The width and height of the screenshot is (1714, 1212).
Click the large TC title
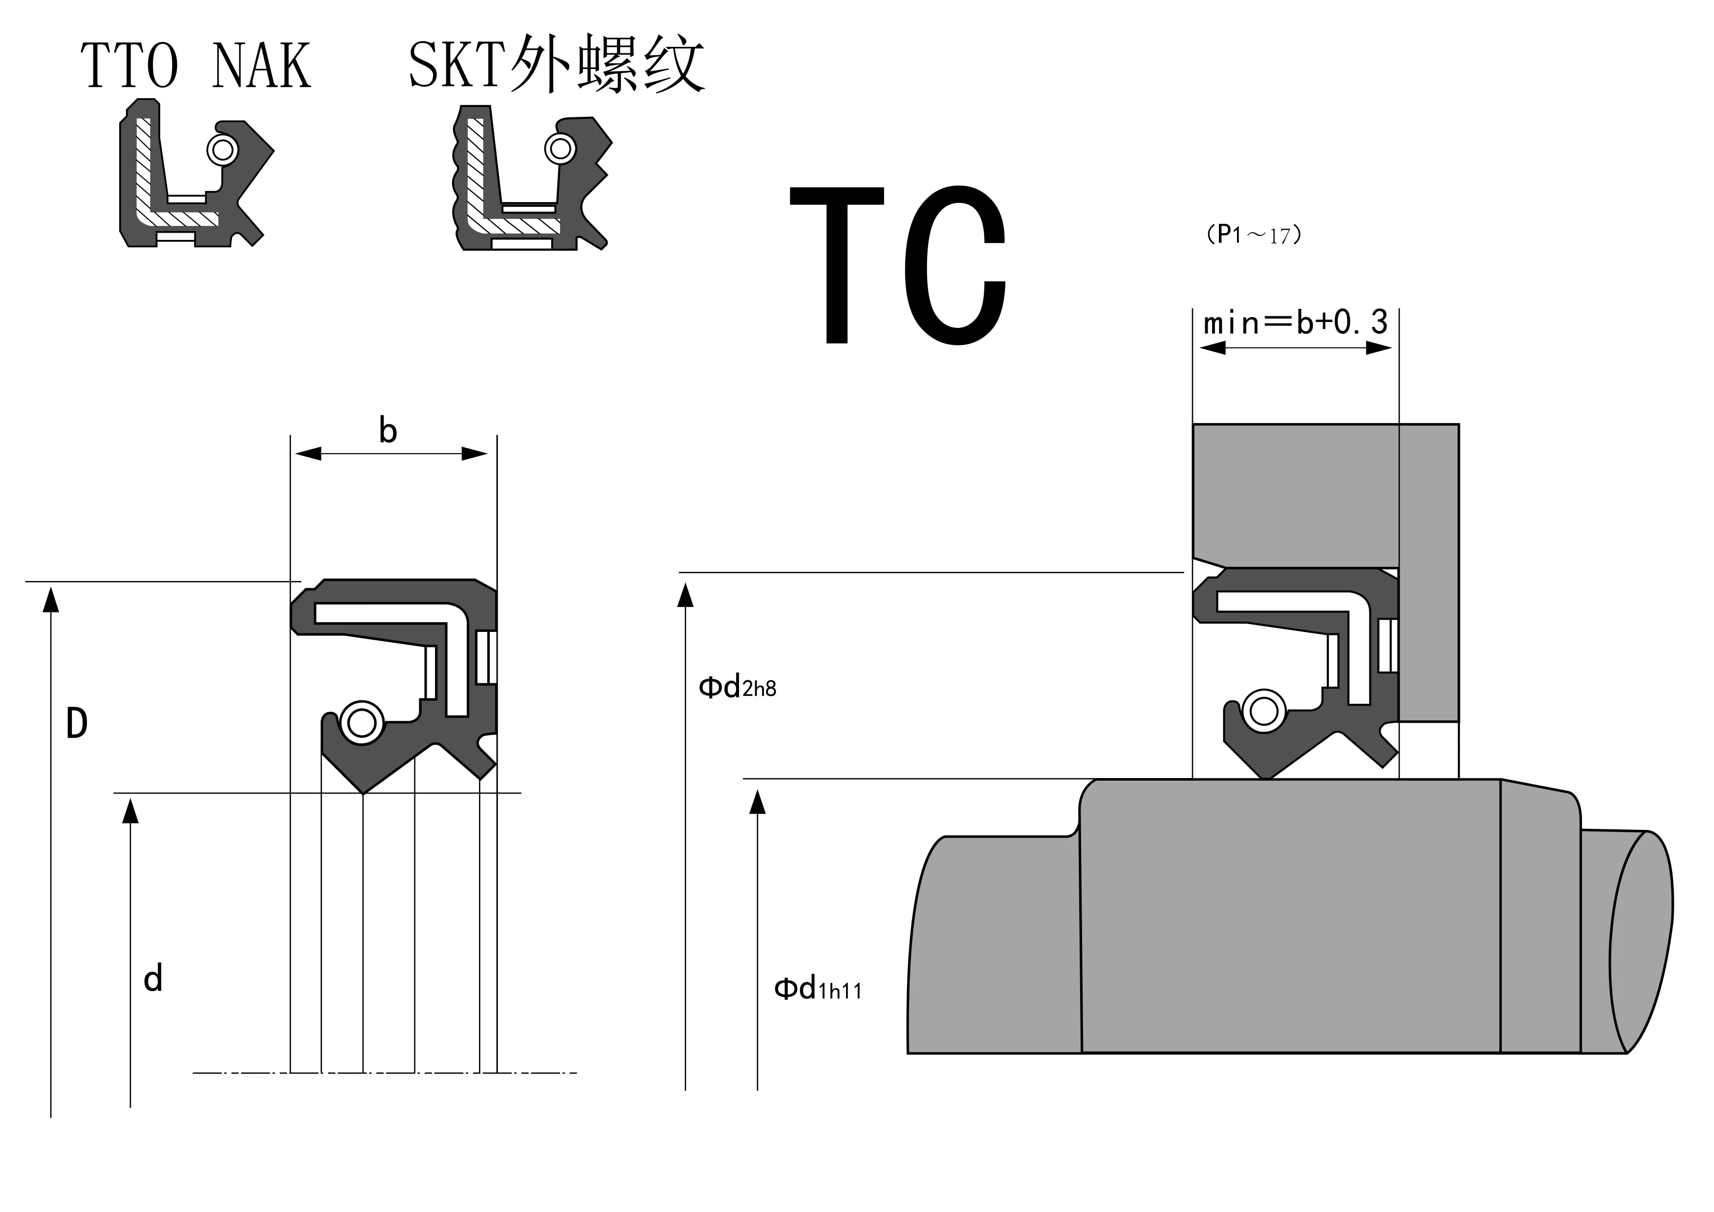point(898,265)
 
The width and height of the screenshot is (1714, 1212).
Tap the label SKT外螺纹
point(556,65)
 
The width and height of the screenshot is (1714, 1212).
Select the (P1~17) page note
point(1254,235)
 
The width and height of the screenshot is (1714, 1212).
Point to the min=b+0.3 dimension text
point(1295,323)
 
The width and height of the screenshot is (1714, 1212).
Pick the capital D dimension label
point(77,724)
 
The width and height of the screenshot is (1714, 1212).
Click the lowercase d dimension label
point(153,978)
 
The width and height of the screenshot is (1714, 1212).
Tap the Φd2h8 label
point(737,687)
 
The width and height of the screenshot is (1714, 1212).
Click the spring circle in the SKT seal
point(560,149)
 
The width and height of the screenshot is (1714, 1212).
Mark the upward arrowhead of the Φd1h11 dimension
point(757,802)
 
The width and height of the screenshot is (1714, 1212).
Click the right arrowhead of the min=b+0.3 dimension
point(1379,348)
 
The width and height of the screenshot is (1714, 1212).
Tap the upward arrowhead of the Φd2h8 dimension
point(685,596)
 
